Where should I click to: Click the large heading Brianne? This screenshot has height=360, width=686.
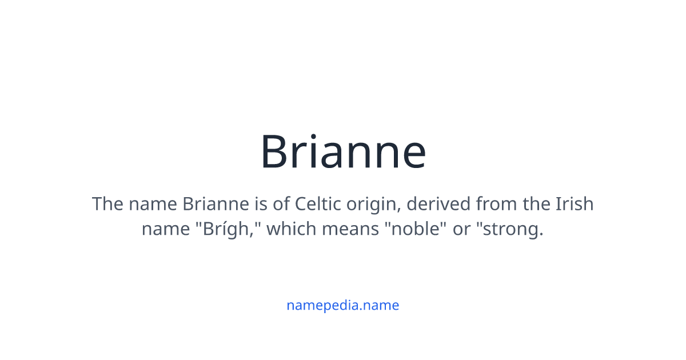[343, 152]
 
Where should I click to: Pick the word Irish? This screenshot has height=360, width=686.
[574, 204]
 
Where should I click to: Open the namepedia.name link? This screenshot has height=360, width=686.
[343, 305]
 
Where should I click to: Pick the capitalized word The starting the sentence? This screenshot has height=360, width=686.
[107, 204]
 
